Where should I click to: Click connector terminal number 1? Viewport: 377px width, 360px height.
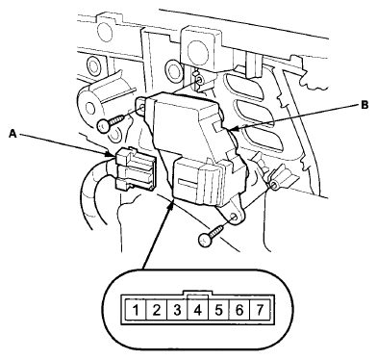pos(136,310)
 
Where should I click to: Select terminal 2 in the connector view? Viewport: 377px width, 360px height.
pos(156,310)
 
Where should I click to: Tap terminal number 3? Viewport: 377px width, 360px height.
pos(177,310)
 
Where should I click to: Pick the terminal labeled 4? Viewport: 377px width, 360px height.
pos(198,310)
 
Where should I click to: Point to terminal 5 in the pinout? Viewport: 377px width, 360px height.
pos(218,310)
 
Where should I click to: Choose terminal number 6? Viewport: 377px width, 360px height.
pos(239,310)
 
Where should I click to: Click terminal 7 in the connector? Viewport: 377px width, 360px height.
pos(260,310)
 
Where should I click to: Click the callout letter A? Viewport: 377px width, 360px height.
pos(13,134)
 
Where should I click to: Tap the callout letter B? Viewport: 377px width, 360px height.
pos(364,105)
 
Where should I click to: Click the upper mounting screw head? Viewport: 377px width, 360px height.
pos(104,126)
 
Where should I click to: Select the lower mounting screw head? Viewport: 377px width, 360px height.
pos(205,240)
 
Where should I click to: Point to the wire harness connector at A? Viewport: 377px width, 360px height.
pos(135,168)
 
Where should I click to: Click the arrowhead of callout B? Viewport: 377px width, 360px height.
pos(232,130)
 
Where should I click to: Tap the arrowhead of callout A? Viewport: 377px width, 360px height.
pos(110,155)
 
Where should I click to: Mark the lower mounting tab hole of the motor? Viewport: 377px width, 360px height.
pos(237,218)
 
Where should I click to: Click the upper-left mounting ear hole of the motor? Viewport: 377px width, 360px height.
pos(142,107)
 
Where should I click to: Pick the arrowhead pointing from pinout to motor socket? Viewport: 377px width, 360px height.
pos(171,204)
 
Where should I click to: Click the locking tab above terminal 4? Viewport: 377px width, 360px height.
pos(197,294)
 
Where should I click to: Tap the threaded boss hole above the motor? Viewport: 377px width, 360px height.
pos(200,80)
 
